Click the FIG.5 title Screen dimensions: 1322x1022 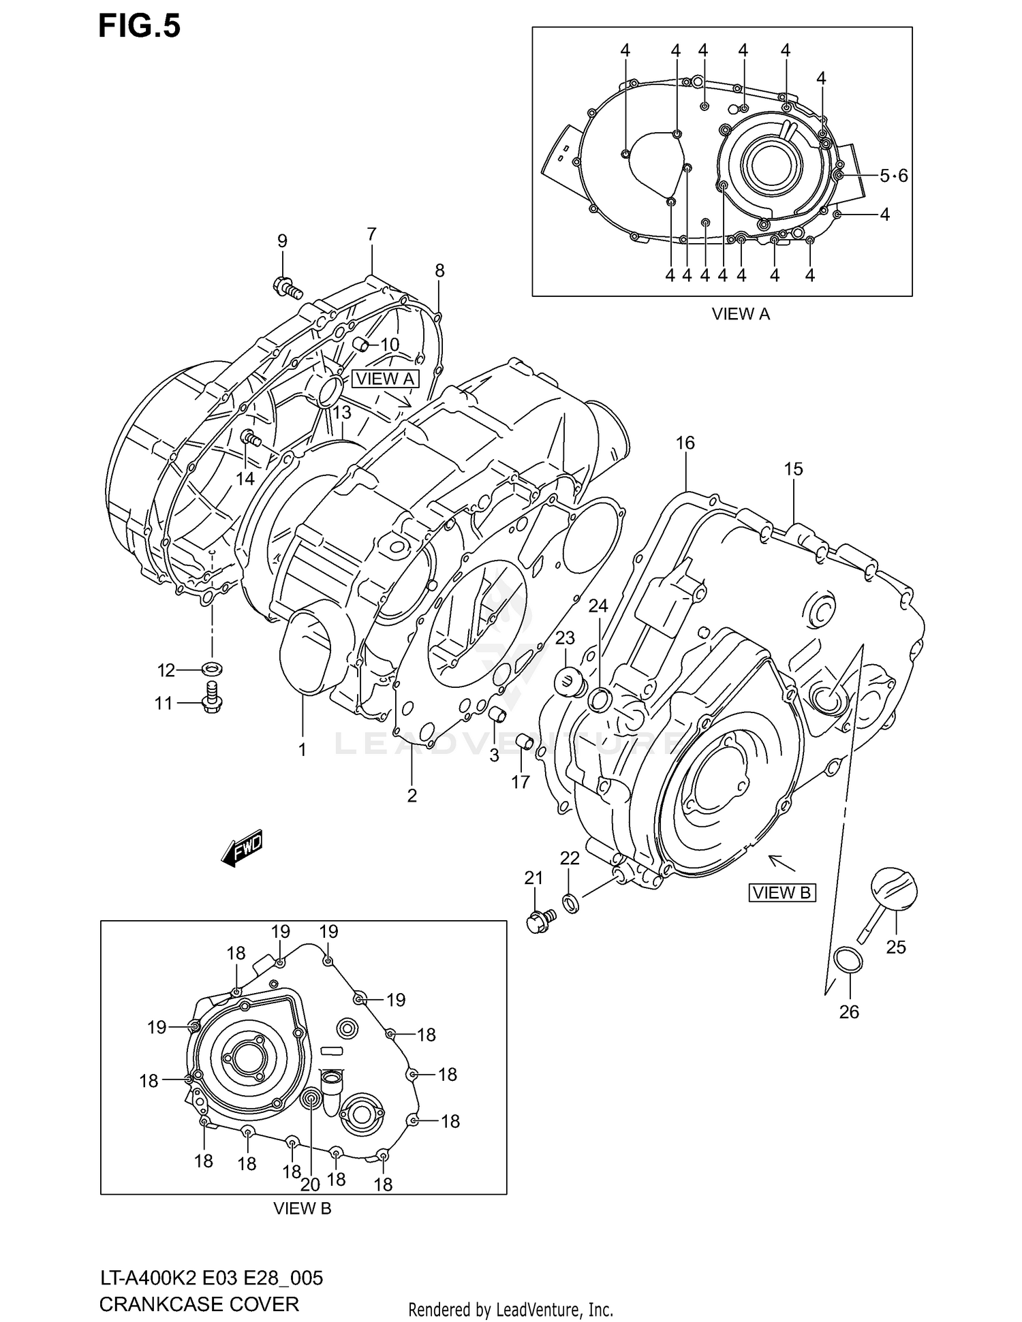click(139, 26)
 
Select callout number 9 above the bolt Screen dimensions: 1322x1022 click(282, 240)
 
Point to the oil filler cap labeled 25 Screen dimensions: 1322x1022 click(894, 888)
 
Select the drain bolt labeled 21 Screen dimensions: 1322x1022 click(540, 921)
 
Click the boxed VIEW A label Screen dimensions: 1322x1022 click(386, 379)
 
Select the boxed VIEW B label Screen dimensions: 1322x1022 click(781, 892)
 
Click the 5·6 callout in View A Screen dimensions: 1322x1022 click(893, 176)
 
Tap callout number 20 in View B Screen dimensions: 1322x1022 click(310, 1184)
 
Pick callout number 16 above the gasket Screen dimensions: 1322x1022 click(685, 443)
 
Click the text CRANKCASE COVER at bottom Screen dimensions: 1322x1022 click(199, 1304)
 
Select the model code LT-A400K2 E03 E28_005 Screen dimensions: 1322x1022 click(211, 1278)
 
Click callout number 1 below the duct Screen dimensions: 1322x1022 click(302, 750)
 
